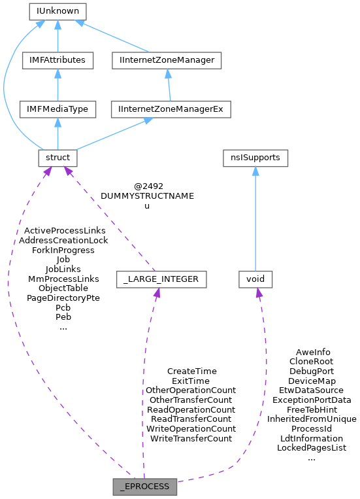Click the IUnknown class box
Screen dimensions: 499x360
57,11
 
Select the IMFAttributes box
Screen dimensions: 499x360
57,60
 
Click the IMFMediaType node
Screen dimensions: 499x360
57,109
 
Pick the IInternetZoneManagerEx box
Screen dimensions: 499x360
171,109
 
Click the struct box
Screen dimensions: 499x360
57,158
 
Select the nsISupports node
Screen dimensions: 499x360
255,158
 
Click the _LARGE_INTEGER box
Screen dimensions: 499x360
161,279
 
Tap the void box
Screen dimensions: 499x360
255,279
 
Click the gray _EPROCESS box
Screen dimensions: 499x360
144,487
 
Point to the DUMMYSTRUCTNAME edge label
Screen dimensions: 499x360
147,196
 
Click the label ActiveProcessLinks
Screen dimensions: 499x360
64,231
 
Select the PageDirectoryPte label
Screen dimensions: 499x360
63,298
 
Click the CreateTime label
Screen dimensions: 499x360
191,371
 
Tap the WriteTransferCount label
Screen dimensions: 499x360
191,438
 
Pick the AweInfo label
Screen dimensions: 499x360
313,352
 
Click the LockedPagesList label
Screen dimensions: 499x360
311,448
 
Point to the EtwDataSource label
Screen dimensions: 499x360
311,390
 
